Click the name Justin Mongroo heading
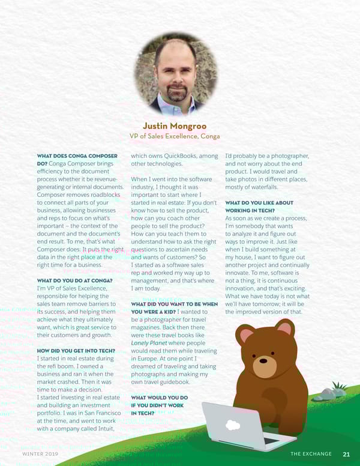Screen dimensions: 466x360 (175, 126)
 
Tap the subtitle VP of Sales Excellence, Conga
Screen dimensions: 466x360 (175, 136)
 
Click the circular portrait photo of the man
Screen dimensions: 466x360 (175, 73)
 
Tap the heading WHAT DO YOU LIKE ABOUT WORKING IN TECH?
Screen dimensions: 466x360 (259, 207)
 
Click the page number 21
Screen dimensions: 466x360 (347, 454)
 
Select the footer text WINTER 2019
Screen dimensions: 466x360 (40, 454)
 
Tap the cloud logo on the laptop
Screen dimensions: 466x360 (233, 423)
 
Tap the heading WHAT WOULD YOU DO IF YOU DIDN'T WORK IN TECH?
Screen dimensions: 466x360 (159, 405)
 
